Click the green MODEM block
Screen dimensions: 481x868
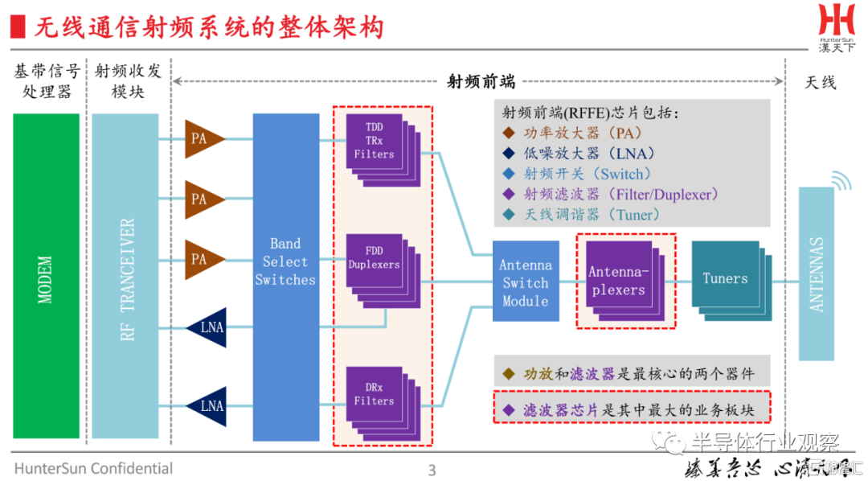(46, 276)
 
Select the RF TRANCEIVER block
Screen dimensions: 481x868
(125, 276)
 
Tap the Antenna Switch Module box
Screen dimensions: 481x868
(526, 282)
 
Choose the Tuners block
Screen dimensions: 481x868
(727, 279)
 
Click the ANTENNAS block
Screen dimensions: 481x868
(817, 274)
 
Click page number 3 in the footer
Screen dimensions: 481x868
(432, 470)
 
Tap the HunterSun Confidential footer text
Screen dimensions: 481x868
(93, 468)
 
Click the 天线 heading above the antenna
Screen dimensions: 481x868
(820, 82)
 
